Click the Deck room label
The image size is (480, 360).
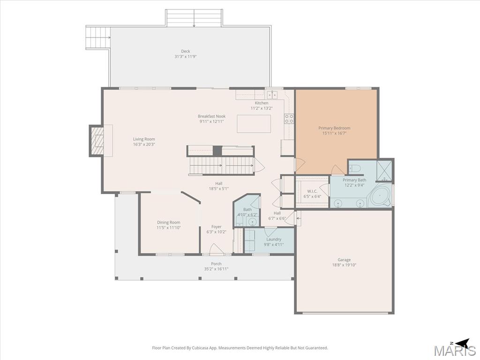186,52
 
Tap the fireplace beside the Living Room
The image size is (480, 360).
97,141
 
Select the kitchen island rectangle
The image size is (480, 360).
254,124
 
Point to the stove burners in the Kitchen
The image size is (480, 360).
289,119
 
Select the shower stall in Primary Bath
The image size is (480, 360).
384,171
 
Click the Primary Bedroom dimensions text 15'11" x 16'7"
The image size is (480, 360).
334,133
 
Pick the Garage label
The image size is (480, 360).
344,260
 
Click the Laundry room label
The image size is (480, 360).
274,240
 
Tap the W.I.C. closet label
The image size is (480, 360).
312,191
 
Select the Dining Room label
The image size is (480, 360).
168,223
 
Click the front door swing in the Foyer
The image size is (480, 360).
214,248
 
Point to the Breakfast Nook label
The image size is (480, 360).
211,116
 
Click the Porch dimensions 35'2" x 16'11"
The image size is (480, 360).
216,269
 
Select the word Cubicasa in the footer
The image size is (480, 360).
200,348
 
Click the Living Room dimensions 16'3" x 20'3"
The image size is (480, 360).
144,144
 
